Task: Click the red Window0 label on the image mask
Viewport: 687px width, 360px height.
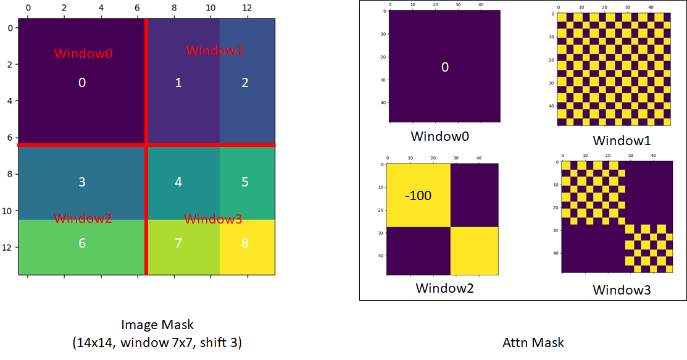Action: pos(83,54)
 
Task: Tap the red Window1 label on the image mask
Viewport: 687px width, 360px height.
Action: pos(215,51)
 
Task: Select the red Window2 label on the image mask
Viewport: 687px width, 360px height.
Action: pos(83,218)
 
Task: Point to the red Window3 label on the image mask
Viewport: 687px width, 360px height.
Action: pos(214,219)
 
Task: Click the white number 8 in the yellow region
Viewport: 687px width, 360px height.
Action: pos(245,243)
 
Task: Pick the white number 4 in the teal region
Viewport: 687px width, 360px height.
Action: pos(178,182)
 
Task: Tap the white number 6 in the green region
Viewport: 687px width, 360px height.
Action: pos(82,243)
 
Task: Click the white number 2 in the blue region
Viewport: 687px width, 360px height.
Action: pos(245,83)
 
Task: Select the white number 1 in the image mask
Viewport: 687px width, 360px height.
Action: pos(178,83)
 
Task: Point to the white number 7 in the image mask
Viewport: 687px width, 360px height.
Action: pos(178,243)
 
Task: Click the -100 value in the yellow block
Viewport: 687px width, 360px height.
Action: pos(418,196)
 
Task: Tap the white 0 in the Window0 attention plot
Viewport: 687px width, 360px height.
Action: pos(444,67)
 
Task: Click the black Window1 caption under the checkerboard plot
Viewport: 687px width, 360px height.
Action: pos(622,140)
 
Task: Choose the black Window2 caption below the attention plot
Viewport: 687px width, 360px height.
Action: pos(444,288)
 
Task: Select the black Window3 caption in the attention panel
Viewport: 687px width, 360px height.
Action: pos(622,290)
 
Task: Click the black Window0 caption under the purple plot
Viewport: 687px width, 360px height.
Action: pos(440,136)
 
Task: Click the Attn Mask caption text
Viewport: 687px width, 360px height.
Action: pos(533,343)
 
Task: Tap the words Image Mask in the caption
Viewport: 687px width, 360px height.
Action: pos(157,324)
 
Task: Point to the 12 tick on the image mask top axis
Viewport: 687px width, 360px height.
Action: pos(247,7)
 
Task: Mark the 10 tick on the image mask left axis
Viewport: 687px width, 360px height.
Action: pos(7,211)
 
